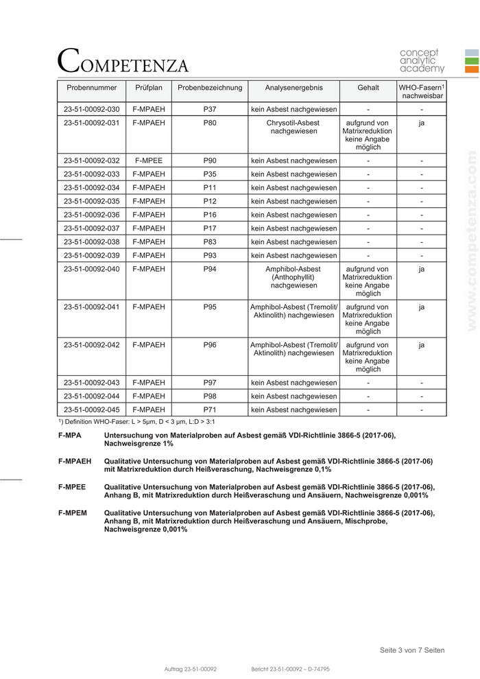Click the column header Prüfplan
point(149,88)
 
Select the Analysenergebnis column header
point(293,88)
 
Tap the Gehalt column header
point(368,88)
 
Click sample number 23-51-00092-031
point(91,123)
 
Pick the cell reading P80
point(210,123)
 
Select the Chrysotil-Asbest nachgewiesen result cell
point(293,127)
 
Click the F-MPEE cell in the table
point(149,160)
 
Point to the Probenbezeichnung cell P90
point(210,160)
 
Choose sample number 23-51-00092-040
point(91,270)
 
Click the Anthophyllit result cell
point(293,277)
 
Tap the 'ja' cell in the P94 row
point(422,270)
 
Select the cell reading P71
point(210,410)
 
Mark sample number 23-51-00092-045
point(91,410)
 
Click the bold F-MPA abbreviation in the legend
point(70,436)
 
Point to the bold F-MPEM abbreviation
point(73,512)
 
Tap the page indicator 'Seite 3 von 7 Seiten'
point(411,650)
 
